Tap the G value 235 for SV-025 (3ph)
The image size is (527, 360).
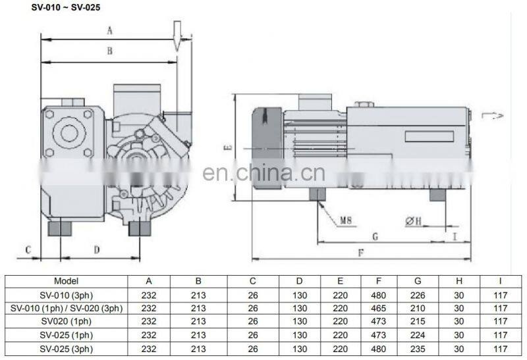417,349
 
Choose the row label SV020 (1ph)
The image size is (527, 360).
66,322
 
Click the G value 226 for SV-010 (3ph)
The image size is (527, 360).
417,294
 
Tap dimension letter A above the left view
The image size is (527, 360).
110,30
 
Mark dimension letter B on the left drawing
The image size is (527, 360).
110,51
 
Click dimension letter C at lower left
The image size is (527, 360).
28,249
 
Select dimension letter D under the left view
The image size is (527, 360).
96,249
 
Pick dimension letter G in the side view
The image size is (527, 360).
374,236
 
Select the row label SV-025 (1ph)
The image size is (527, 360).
66,336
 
